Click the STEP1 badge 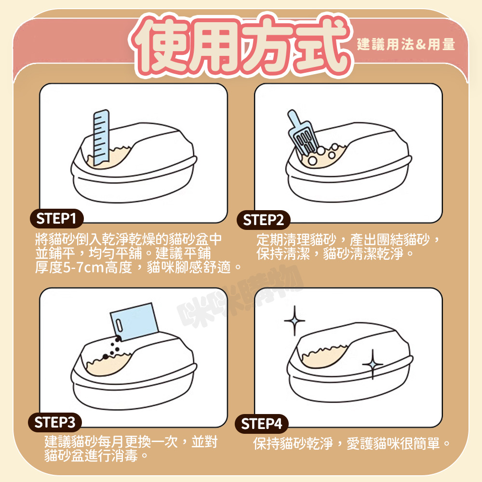click(x=56, y=218)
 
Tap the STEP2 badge click(x=264, y=220)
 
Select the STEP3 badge click(x=55, y=422)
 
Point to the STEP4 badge click(x=262, y=424)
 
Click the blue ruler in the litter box click(x=101, y=137)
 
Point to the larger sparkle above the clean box click(x=295, y=321)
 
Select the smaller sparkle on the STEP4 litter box click(x=373, y=364)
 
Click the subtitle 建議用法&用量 click(x=406, y=44)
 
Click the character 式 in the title click(x=321, y=45)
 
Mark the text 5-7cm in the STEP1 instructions click(x=83, y=268)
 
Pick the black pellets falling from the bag click(x=112, y=348)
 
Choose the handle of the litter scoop click(x=294, y=119)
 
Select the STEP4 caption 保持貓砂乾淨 click(x=293, y=443)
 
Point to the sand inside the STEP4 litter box click(x=324, y=356)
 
